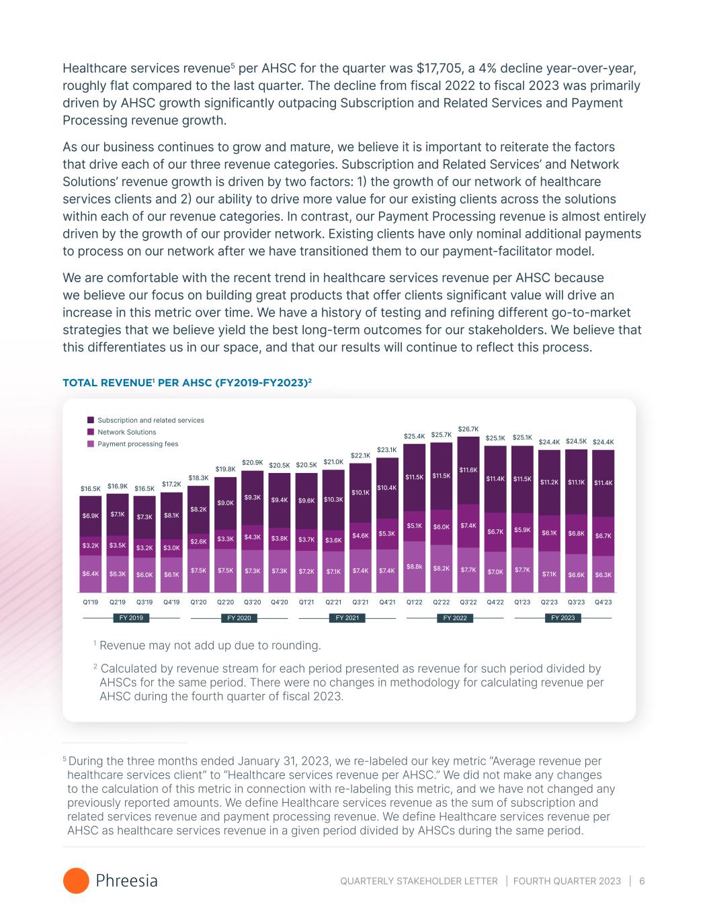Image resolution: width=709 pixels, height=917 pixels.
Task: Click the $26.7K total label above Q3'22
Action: click(x=468, y=429)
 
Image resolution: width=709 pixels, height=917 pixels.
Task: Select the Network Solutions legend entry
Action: click(x=126, y=432)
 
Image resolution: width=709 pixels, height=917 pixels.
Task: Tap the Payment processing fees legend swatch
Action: click(x=91, y=444)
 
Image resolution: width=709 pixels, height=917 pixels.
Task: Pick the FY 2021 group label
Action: click(x=347, y=617)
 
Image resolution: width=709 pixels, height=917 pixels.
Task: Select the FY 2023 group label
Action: click(x=562, y=617)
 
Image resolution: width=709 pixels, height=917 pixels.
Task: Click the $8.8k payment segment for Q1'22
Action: click(x=415, y=567)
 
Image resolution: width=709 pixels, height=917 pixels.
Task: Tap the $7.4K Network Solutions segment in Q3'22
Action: click(x=468, y=525)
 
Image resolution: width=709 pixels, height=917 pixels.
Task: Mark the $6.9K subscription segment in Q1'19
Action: click(x=91, y=515)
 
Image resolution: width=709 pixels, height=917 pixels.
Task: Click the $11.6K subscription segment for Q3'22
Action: click(x=468, y=470)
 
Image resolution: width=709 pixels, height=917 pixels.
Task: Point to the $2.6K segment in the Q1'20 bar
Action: click(x=198, y=541)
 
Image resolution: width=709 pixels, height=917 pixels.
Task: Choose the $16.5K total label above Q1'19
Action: click(x=91, y=488)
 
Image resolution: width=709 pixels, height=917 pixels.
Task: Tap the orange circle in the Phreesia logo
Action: click(x=76, y=881)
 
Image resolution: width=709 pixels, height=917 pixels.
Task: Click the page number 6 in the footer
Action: click(x=642, y=881)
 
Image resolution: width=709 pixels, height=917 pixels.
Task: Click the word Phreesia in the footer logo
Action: click(x=127, y=881)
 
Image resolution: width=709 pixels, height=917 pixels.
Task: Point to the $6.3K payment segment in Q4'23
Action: click(x=603, y=574)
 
